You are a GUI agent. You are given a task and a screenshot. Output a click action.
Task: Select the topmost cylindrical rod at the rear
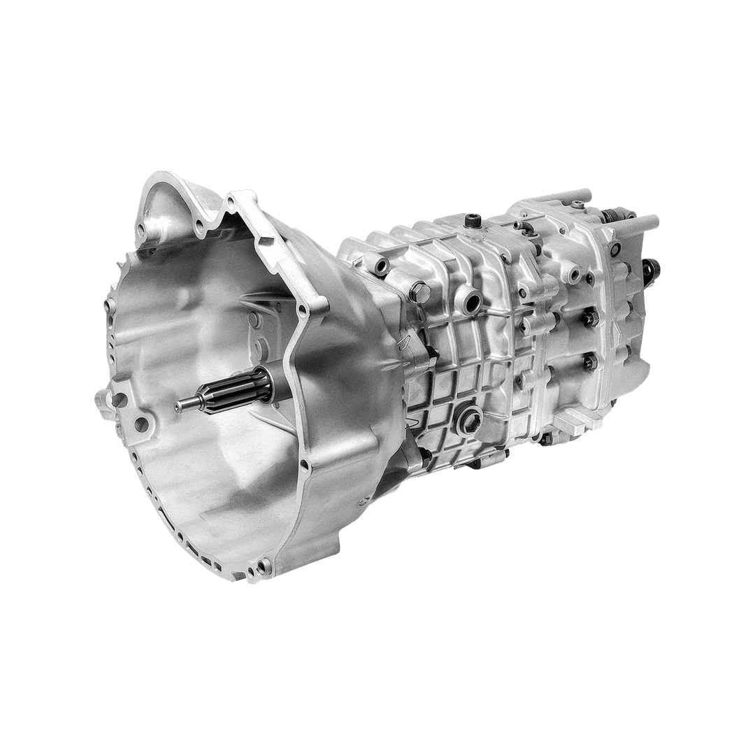pyautogui.click(x=573, y=196)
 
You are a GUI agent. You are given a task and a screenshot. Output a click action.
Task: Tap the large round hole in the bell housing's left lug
pyautogui.click(x=120, y=401)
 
